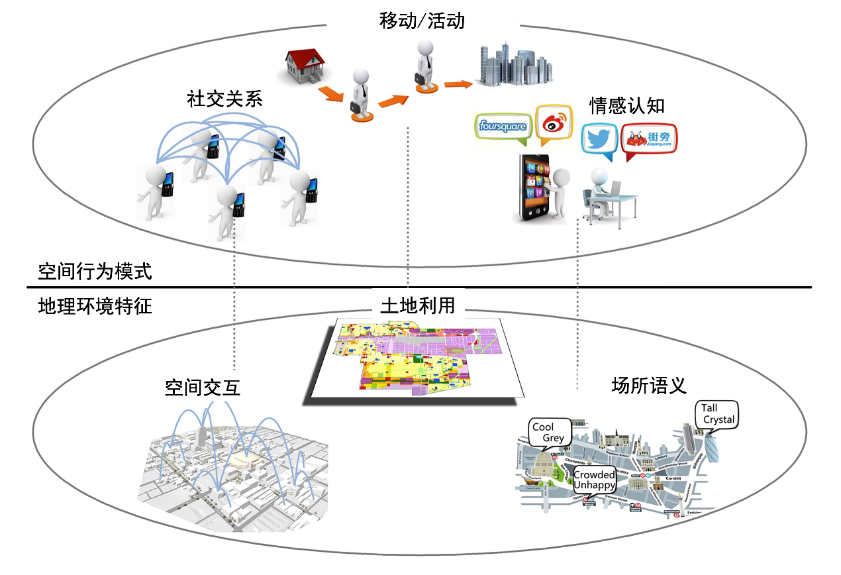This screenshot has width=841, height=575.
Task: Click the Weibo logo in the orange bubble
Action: pos(553,123)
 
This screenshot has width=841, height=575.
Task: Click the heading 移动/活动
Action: pos(422,21)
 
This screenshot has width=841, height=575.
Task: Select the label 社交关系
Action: pos(224,99)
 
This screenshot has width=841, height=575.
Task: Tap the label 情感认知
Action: pos(626,105)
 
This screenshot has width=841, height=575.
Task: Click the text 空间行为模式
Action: pos(95,271)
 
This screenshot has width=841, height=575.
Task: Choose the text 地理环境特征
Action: pos(95,307)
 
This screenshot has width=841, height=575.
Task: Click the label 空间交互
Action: pos(202,388)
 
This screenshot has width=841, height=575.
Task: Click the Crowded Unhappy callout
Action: pos(594,480)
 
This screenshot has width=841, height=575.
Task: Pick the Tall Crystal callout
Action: pos(718,415)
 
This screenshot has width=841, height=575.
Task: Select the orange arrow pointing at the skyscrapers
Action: pos(458,84)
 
